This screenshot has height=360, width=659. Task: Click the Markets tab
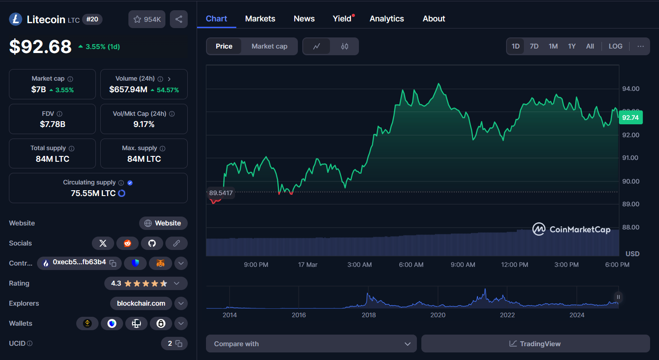[x=260, y=19]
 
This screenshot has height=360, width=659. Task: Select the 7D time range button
[x=534, y=46]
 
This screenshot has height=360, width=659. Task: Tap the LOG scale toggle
[x=615, y=46]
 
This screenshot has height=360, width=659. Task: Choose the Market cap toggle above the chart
[x=269, y=46]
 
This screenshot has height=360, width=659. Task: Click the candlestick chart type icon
[x=345, y=46]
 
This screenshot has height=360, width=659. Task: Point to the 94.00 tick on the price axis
[x=630, y=89]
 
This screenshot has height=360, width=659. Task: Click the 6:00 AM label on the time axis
[x=411, y=265]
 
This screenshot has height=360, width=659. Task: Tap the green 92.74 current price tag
[x=630, y=118]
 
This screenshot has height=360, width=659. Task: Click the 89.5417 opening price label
[x=221, y=193]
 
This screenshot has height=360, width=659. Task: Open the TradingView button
[x=535, y=344]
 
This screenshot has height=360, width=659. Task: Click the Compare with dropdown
[x=311, y=344]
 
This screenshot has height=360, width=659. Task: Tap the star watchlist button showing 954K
[x=147, y=19]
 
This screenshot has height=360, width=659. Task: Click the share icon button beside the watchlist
[x=179, y=19]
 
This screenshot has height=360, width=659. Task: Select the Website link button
[x=163, y=223]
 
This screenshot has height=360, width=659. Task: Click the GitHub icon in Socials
[x=152, y=243]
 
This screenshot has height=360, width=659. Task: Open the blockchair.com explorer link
[x=141, y=303]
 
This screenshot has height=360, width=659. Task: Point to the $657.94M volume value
[x=128, y=90]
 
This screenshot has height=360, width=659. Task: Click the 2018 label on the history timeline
[x=368, y=315]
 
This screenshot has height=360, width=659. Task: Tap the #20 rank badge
[x=92, y=19]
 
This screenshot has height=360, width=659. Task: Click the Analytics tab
[x=387, y=19]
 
